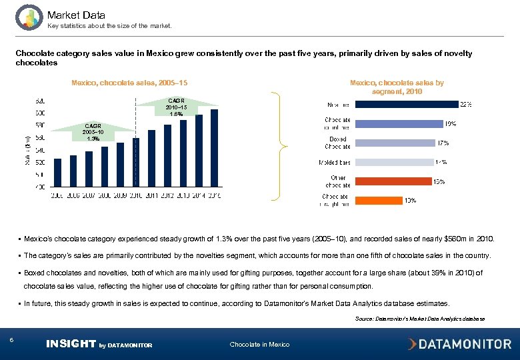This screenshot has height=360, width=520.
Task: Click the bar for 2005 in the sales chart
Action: point(58,172)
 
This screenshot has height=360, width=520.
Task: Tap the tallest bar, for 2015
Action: point(214,147)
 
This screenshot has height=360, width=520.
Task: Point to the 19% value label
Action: point(451,123)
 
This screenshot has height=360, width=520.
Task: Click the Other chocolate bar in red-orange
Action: point(393,181)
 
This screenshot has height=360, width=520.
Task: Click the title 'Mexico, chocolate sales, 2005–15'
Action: point(129,83)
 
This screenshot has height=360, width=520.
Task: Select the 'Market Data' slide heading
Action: point(76,15)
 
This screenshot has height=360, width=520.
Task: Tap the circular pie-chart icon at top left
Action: point(28,17)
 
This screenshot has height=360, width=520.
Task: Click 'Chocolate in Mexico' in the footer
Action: point(259,345)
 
